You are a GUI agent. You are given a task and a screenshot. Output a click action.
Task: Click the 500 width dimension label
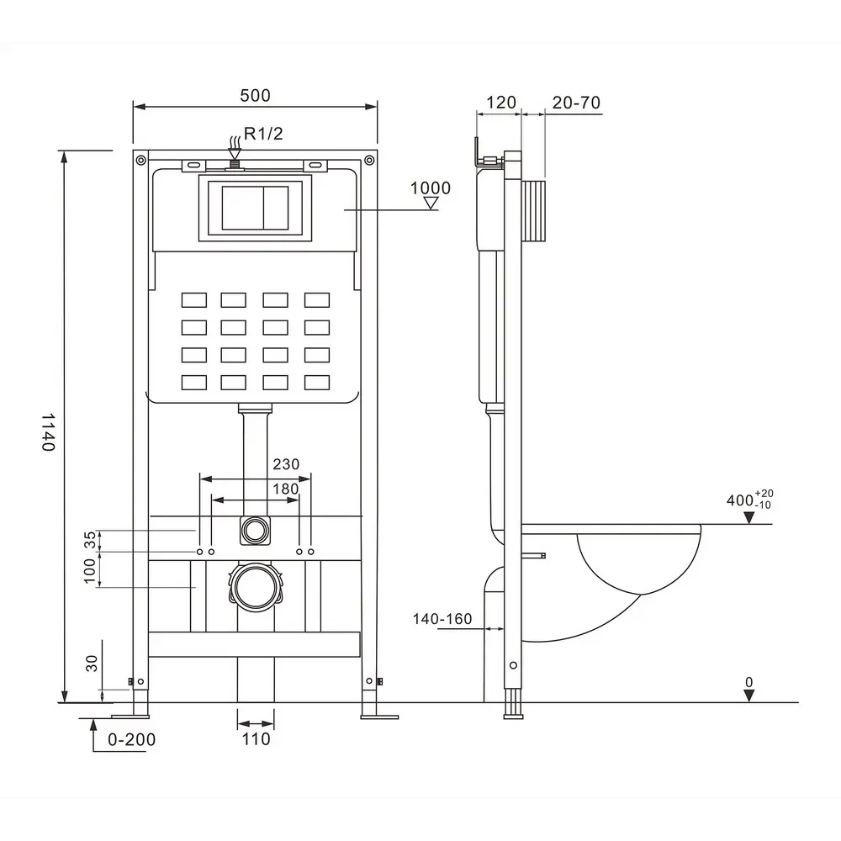[255, 96]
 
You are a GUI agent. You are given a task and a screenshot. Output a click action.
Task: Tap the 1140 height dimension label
[49, 431]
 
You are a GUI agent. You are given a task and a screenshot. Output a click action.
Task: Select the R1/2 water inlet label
[262, 133]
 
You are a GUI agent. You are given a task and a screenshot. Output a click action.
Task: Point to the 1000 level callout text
[430, 188]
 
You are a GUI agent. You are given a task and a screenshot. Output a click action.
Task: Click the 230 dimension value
[286, 464]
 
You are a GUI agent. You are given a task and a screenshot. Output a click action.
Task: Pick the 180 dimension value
[285, 489]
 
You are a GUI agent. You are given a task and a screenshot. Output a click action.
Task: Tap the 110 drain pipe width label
[256, 739]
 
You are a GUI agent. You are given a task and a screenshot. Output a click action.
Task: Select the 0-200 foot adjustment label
[131, 739]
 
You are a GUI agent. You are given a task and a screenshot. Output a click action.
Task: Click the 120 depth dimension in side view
[501, 102]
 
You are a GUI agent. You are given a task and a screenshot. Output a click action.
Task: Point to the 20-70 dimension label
[576, 103]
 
